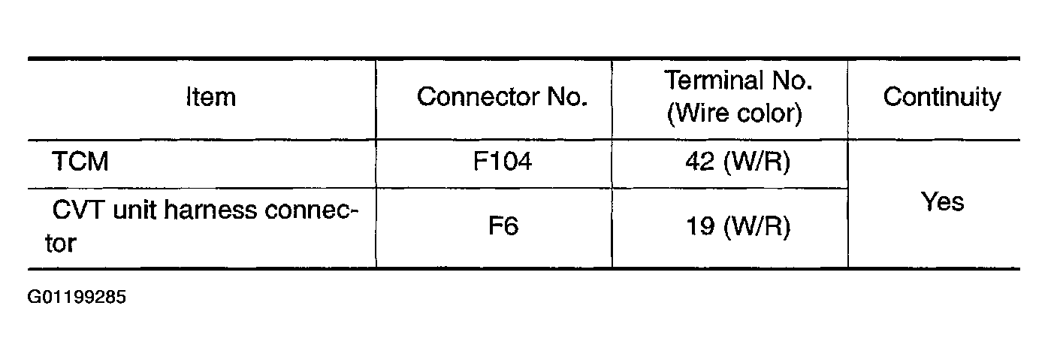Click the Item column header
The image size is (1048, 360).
tap(210, 97)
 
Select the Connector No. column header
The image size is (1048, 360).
tap(502, 97)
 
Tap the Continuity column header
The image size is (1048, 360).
tap(941, 97)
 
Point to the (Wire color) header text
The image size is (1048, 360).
tap(735, 113)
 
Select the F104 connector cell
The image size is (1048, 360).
tap(502, 162)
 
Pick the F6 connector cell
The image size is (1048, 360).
tap(502, 226)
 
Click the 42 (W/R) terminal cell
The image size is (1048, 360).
tap(738, 162)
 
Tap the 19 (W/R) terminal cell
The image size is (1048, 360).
tap(738, 226)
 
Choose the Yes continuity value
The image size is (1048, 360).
tap(942, 201)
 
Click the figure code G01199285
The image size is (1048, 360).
tap(77, 297)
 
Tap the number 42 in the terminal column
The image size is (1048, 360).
tap(700, 162)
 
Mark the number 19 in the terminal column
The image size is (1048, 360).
tap(700, 226)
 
